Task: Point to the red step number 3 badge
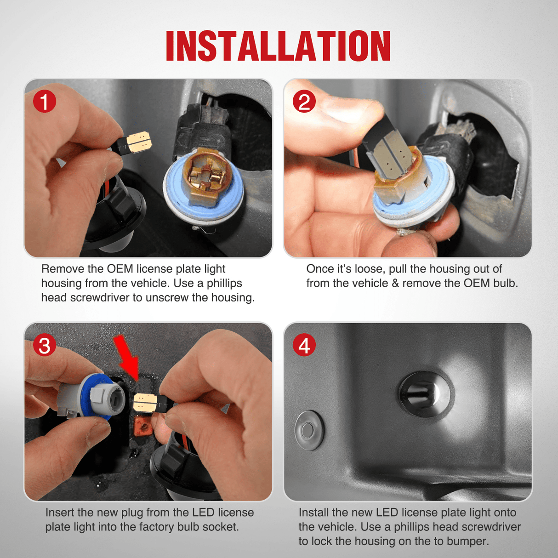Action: point(44,345)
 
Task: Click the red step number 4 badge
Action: point(304,345)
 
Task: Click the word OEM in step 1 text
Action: point(120,269)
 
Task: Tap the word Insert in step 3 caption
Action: point(59,512)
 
